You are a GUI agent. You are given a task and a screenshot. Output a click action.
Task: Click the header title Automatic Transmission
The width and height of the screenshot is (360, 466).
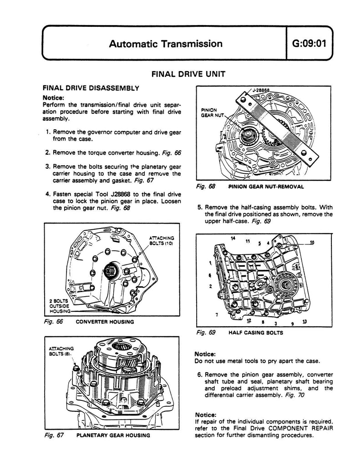[166, 44]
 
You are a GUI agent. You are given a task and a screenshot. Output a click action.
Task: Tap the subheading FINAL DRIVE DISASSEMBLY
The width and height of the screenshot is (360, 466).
[91, 87]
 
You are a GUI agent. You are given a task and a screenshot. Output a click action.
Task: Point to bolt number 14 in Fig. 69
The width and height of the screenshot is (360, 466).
[233, 238]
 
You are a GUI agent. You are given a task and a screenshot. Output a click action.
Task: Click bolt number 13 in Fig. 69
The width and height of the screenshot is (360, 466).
[304, 322]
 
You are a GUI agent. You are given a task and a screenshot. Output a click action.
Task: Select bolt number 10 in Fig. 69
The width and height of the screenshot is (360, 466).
[311, 242]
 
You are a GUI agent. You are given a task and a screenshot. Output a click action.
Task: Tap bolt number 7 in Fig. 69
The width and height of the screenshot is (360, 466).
[216, 314]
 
